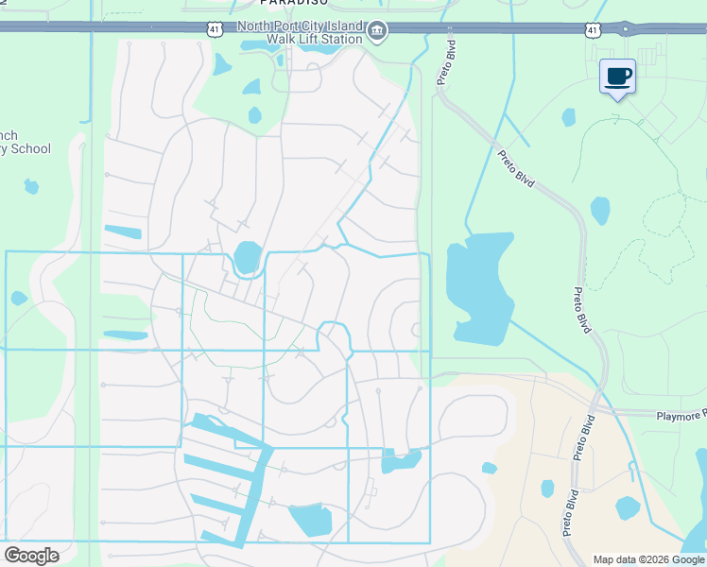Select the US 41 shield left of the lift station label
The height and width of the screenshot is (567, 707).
click(x=215, y=29)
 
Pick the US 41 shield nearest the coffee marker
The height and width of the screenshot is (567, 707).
click(x=593, y=30)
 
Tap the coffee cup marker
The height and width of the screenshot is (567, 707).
click(x=618, y=76)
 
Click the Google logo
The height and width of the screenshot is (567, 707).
click(x=31, y=555)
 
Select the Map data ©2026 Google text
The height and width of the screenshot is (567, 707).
click(x=648, y=559)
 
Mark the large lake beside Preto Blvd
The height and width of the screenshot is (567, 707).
click(x=479, y=288)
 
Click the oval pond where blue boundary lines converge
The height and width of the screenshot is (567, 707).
click(x=247, y=257)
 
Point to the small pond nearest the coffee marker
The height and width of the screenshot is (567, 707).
click(x=568, y=117)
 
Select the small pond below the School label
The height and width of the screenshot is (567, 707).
click(x=31, y=186)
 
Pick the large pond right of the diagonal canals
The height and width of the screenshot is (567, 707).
click(x=310, y=520)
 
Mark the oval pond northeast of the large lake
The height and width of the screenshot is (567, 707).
click(x=600, y=210)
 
